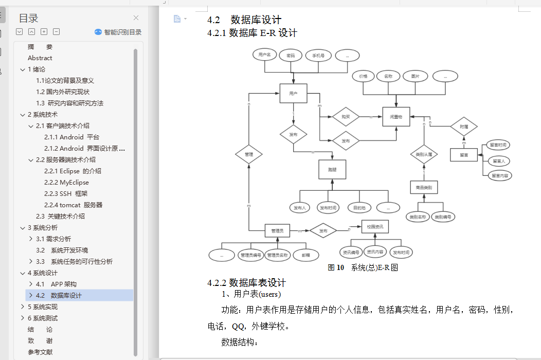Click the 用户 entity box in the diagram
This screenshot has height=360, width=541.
click(x=293, y=94)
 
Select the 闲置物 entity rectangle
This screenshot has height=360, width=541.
click(x=396, y=117)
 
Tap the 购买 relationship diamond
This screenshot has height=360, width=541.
click(x=346, y=117)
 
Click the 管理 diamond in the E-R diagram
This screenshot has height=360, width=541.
click(x=249, y=154)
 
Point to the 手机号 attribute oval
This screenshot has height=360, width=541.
click(x=318, y=55)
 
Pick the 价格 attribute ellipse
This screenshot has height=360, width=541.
click(x=363, y=76)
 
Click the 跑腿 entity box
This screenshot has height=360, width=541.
click(x=332, y=169)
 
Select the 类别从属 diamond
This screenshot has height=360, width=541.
click(x=424, y=154)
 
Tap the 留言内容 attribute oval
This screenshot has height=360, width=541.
click(x=500, y=175)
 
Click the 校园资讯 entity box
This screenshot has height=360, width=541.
click(x=375, y=227)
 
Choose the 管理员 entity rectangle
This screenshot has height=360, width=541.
click(x=278, y=231)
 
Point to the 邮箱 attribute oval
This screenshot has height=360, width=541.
click(x=306, y=255)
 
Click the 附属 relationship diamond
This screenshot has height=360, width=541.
click(x=464, y=126)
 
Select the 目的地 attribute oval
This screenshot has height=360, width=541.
click(x=359, y=208)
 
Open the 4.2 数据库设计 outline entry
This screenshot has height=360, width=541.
click(x=66, y=295)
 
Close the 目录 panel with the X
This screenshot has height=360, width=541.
click(x=136, y=18)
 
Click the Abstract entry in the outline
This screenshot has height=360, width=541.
click(x=40, y=58)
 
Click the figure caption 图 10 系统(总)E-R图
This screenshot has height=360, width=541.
click(x=363, y=267)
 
